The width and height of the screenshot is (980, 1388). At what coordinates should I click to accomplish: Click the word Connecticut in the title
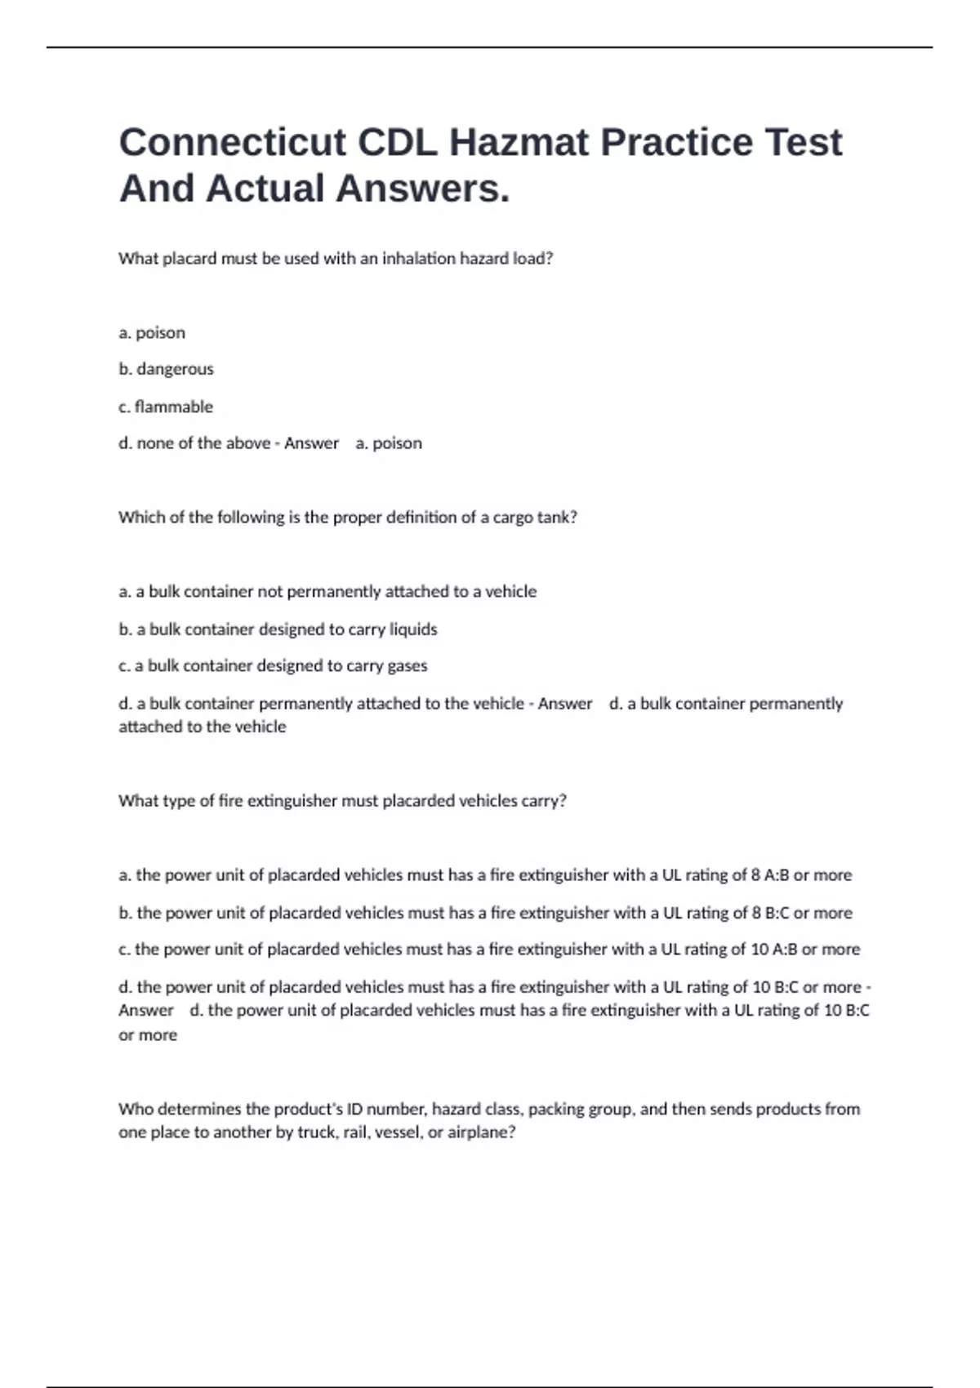233,142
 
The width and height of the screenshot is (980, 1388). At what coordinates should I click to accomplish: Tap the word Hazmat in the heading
519,142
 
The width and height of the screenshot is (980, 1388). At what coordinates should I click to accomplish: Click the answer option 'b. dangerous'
166,369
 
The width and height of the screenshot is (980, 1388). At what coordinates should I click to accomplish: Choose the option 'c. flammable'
166,407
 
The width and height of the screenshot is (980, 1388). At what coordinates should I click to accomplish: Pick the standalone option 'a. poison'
152,332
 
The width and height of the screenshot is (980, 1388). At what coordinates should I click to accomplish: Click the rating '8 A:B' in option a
769,875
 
